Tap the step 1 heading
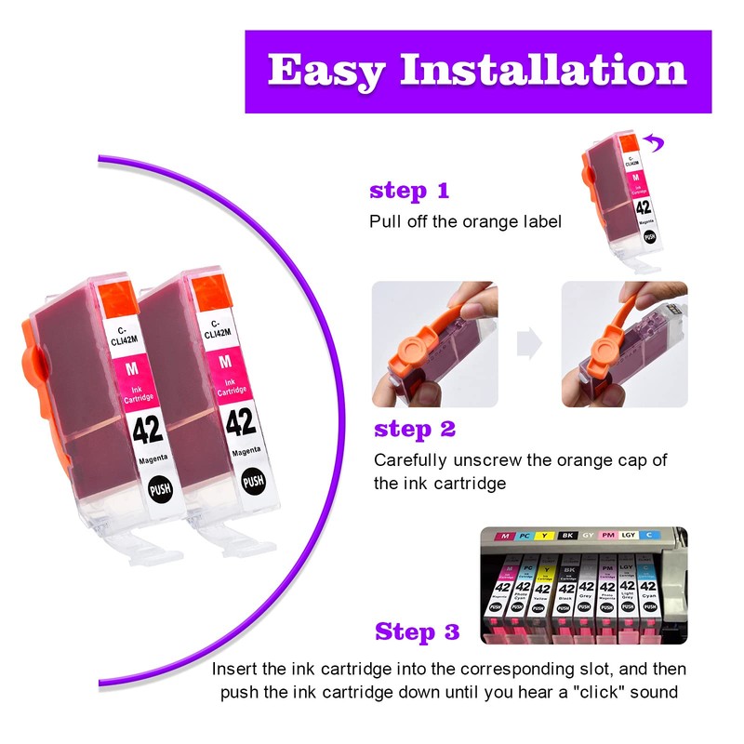click(409, 192)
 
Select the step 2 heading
click(415, 430)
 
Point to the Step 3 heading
click(418, 632)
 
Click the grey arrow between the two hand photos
click(529, 343)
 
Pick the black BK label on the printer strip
click(565, 537)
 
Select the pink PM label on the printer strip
click(607, 537)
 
